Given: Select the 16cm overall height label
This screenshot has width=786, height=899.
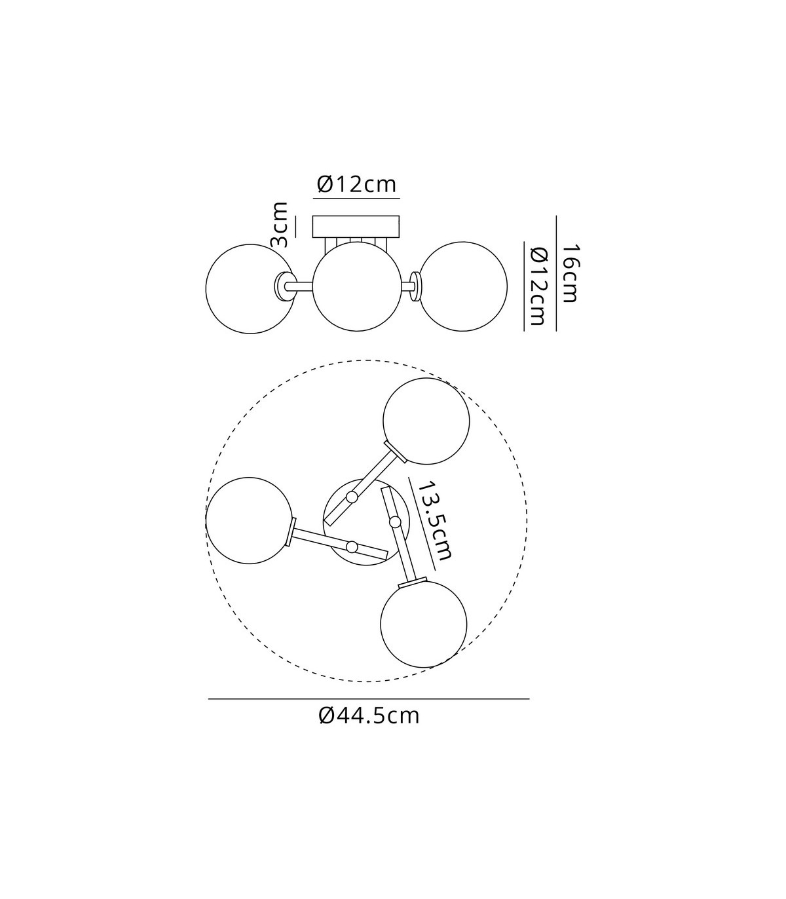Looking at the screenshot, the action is (570, 273).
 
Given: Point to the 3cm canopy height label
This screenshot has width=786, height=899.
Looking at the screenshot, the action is (279, 225).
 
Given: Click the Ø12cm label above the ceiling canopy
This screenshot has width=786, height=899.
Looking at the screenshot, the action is (356, 185).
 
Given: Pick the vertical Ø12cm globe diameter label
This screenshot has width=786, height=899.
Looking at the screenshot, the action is (538, 286).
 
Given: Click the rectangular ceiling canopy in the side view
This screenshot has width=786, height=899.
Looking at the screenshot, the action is (356, 226).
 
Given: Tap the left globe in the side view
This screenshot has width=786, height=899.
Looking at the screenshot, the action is (250, 289).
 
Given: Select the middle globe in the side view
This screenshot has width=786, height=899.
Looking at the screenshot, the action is (357, 286).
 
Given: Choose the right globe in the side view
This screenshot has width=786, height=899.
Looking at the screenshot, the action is (463, 286).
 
